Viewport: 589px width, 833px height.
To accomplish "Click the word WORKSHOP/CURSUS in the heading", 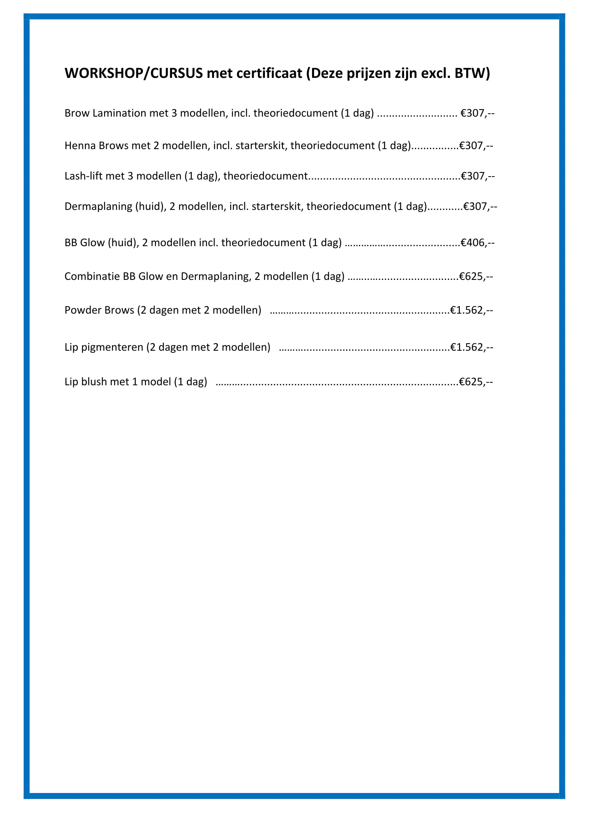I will click(x=134, y=74).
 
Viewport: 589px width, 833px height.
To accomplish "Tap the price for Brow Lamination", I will click(x=477, y=113).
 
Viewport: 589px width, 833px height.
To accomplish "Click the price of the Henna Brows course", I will click(x=476, y=146).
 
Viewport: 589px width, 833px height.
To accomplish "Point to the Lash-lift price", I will click(x=477, y=176).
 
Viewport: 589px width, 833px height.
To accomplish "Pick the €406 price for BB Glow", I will click(x=477, y=243).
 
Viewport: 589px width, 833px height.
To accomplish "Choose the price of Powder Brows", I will click(x=472, y=310).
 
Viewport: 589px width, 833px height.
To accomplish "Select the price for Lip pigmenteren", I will click(x=472, y=347).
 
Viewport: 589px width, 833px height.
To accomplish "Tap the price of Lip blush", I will click(x=476, y=382).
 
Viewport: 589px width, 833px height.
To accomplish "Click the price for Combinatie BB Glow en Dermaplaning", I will click(x=476, y=276).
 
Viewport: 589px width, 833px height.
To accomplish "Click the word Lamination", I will click(x=117, y=113).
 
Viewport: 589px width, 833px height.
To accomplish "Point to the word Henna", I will click(x=79, y=146).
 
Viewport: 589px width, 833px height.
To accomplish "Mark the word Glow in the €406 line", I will click(x=92, y=243).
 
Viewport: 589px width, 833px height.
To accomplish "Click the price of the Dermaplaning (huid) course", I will click(x=481, y=207).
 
